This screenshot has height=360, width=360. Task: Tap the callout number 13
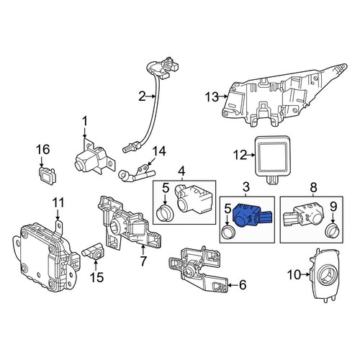[x=212, y=97]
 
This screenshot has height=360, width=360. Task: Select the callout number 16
[x=42, y=149]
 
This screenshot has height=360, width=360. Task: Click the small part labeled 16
[x=46, y=174]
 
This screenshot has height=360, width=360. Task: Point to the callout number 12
[x=240, y=155]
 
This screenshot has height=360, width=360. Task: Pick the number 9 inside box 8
[x=333, y=207]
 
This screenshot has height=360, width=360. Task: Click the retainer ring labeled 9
[x=332, y=230]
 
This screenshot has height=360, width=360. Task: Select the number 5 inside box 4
[x=166, y=189]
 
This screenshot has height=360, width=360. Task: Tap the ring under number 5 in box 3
[x=228, y=233]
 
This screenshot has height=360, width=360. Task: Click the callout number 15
[x=96, y=277]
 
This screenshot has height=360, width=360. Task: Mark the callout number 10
[x=294, y=274]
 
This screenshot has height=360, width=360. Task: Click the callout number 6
[x=243, y=284]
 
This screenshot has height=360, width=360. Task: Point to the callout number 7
[x=143, y=261]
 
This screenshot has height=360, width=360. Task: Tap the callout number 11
[x=58, y=203]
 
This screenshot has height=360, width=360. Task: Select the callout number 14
[x=159, y=151]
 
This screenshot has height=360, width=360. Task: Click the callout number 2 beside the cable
[x=143, y=96]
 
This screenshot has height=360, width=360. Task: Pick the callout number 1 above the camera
[x=85, y=121]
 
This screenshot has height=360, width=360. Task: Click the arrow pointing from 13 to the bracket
[x=223, y=96]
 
